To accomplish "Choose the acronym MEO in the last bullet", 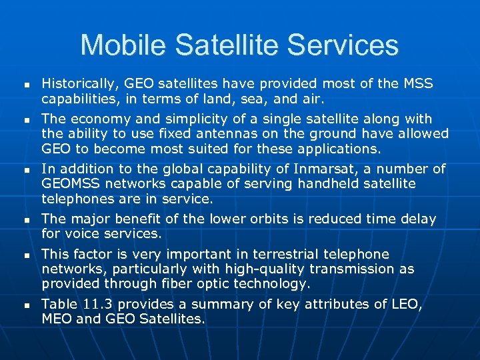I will pos(57,319).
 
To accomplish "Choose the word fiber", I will pos(197,283).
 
